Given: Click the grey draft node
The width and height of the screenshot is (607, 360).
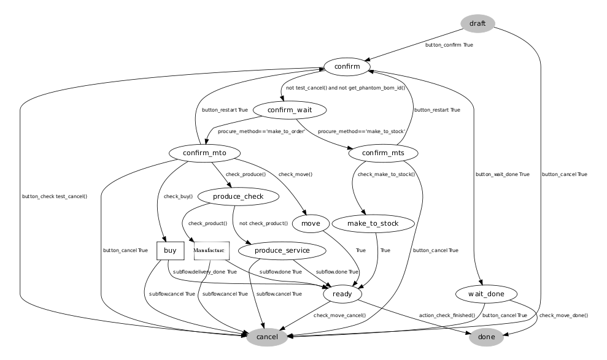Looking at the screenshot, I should pyautogui.click(x=477, y=24).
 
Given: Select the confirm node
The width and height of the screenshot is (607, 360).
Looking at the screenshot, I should pyautogui.click(x=347, y=66).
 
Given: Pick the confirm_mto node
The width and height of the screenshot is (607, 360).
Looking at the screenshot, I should pyautogui.click(x=202, y=153).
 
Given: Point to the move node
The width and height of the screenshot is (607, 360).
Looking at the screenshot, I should pyautogui.click(x=311, y=223).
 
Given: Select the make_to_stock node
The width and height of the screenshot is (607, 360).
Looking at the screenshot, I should pyautogui.click(x=373, y=223).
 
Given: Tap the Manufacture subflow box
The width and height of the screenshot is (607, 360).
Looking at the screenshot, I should pyautogui.click(x=211, y=250).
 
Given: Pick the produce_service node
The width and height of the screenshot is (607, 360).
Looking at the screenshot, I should pyautogui.click(x=282, y=250).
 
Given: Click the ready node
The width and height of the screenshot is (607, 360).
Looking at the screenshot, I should pyautogui.click(x=342, y=294).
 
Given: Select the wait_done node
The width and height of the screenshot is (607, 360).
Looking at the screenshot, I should pyautogui.click(x=486, y=294).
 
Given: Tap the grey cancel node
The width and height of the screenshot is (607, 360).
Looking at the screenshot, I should pyautogui.click(x=266, y=337).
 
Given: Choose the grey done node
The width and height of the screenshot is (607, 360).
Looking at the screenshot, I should pyautogui.click(x=486, y=337).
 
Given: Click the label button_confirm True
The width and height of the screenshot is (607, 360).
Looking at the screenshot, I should pyautogui.click(x=449, y=45).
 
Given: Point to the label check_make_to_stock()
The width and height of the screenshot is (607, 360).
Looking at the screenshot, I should pyautogui.click(x=386, y=174).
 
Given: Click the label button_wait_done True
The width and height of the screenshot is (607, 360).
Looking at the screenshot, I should pyautogui.click(x=502, y=174).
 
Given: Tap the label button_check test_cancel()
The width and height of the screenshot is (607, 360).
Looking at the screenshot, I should pyautogui.click(x=54, y=196).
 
